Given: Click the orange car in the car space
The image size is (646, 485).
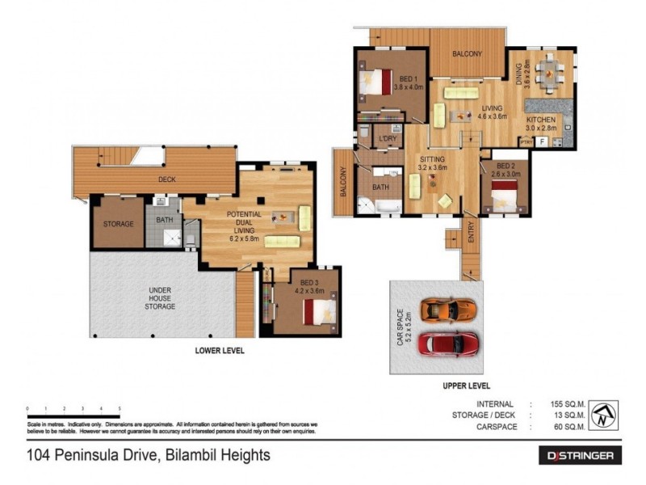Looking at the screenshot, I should pyautogui.click(x=450, y=310).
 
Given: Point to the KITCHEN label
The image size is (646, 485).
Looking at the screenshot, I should pyautogui.click(x=541, y=119).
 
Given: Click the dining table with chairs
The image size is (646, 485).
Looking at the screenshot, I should pyautogui.click(x=547, y=72).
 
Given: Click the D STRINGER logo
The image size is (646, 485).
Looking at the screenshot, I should pyautogui.click(x=580, y=457).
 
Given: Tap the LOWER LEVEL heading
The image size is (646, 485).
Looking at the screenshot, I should pyautogui.click(x=220, y=351).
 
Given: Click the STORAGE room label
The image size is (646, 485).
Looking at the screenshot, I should pyautogui.click(x=118, y=224).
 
